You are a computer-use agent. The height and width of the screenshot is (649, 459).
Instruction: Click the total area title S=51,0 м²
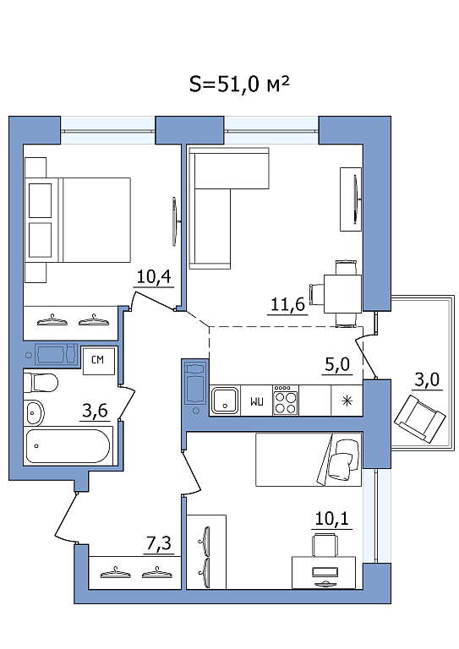pyautogui.click(x=239, y=85)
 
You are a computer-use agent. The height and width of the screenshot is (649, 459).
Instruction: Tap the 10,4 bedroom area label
pyautogui.click(x=154, y=276)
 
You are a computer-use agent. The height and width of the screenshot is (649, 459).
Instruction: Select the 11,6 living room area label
pyautogui.click(x=287, y=304)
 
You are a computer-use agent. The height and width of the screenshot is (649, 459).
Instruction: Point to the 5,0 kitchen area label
pyautogui.click(x=337, y=364)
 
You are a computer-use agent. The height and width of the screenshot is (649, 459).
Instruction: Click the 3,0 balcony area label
pyautogui.click(x=427, y=379)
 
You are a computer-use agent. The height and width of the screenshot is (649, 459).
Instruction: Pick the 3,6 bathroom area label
pyautogui.click(x=95, y=411)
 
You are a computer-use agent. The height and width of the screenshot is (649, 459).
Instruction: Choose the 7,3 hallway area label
pyautogui.click(x=159, y=543)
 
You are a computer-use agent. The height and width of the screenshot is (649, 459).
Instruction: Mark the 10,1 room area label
pyautogui.click(x=332, y=518)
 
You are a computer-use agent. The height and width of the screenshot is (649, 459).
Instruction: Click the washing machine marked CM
pyautogui.click(x=99, y=360)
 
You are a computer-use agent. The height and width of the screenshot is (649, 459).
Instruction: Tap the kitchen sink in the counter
pyautogui.click(x=225, y=401)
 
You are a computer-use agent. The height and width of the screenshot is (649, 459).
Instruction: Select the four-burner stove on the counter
pyautogui.click(x=286, y=401)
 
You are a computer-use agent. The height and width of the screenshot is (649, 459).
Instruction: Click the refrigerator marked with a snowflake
pyautogui.click(x=347, y=401)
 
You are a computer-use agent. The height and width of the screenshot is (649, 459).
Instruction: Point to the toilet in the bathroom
pyautogui.click(x=41, y=383)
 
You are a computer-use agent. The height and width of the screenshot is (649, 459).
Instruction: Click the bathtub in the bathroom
pyautogui.click(x=68, y=446)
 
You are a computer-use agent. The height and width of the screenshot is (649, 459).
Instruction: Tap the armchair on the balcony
pyautogui.click(x=419, y=418)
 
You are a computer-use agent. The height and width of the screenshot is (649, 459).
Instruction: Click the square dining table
pyautogui.click(x=342, y=294)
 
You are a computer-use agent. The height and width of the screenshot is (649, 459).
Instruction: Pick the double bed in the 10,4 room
pyautogui.click(x=78, y=220)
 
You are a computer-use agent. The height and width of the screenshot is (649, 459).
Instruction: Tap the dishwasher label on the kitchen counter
pyautogui.click(x=257, y=401)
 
